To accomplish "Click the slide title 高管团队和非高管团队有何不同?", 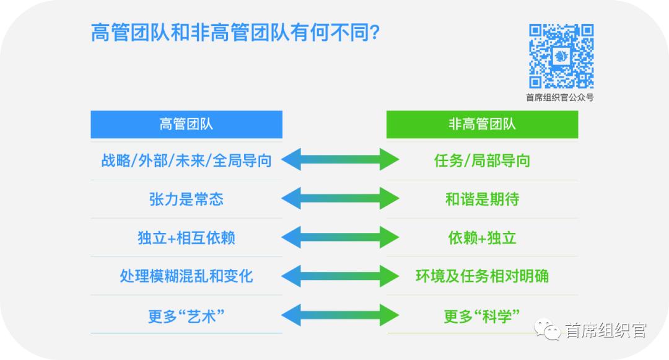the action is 235,33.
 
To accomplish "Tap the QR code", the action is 561,56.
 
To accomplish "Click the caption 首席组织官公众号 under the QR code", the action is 560,98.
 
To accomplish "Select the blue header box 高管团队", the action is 186,124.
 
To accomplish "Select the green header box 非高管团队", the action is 482,124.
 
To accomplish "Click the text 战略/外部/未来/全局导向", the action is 186,161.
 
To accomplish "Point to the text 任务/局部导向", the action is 482,161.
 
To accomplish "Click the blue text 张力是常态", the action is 186,199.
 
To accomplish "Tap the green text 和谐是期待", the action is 482,199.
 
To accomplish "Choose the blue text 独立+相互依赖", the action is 186,237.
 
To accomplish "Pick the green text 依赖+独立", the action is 482,237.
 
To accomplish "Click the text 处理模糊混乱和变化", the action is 186,276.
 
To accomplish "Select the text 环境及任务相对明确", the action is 482,276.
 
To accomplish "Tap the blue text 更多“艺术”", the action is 186,316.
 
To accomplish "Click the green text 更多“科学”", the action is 482,316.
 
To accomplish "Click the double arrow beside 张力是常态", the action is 340,198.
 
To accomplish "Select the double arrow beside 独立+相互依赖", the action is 340,237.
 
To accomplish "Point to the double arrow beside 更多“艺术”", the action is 340,315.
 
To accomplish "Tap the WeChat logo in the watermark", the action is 548,330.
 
